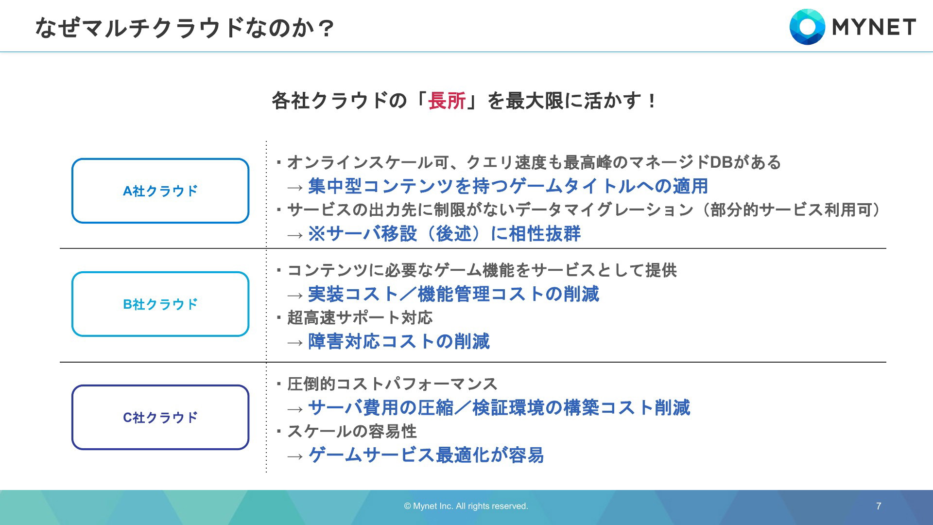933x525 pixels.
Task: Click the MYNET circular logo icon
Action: click(807, 27)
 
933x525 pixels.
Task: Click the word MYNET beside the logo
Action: click(874, 27)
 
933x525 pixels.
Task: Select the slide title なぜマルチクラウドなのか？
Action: click(185, 28)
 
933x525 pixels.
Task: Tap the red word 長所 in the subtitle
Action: click(447, 101)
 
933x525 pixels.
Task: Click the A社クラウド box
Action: click(160, 159)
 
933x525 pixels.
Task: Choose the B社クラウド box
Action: click(160, 272)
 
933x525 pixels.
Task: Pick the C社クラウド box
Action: click(160, 385)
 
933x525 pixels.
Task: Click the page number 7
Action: click(879, 506)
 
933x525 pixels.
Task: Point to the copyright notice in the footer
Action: click(466, 506)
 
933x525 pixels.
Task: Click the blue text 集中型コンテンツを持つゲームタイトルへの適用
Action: click(508, 186)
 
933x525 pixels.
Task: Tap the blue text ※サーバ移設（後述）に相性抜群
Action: click(445, 234)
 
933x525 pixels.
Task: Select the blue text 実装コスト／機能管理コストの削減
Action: click(454, 294)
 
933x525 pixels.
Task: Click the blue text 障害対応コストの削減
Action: click(399, 342)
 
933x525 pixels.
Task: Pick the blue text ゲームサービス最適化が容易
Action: click(426, 455)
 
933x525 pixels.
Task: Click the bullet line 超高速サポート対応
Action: click(360, 318)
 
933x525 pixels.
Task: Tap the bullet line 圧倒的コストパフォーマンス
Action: click(392, 384)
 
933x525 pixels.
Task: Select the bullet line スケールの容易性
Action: click(352, 432)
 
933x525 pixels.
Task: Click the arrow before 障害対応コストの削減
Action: click(295, 343)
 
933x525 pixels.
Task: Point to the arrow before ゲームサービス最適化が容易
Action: click(295, 456)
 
